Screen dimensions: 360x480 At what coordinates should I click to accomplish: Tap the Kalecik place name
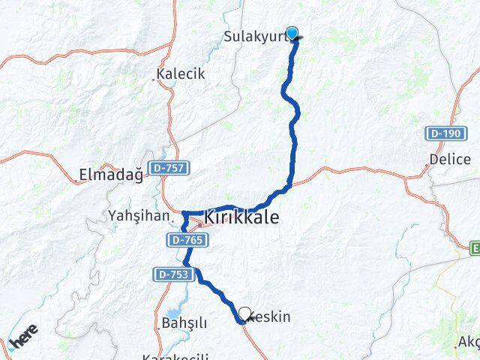point(181,75)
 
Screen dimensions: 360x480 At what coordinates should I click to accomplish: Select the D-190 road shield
point(441,133)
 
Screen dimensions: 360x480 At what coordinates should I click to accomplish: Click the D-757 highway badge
point(169,168)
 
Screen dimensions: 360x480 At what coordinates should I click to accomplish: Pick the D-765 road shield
point(182,239)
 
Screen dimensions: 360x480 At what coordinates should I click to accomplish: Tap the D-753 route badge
point(174,275)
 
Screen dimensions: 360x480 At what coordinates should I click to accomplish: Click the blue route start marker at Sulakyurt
point(292,33)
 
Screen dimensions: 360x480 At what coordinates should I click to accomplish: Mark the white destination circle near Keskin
point(244,313)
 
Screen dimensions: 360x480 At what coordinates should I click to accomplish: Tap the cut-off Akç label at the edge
point(468,343)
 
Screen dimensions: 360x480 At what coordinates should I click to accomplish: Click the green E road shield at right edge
point(475,247)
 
